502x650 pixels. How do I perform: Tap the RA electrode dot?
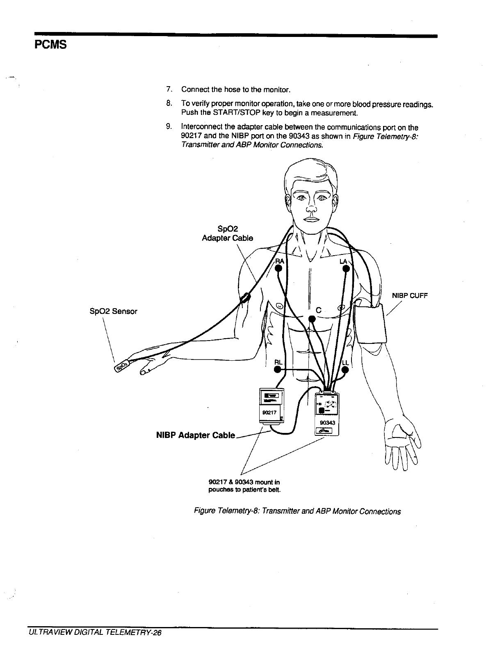click(x=278, y=269)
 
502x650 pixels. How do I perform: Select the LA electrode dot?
click(x=346, y=269)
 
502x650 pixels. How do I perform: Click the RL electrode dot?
click(x=278, y=370)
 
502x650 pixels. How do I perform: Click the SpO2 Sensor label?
click(x=113, y=311)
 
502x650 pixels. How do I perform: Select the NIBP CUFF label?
click(x=410, y=295)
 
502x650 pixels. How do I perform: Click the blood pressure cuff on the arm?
click(x=372, y=324)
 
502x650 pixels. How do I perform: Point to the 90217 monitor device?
click(x=271, y=406)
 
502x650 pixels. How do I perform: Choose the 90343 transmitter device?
click(x=327, y=414)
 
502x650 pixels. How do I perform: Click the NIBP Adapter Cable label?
click(x=196, y=435)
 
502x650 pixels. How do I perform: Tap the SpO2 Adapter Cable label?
click(x=228, y=233)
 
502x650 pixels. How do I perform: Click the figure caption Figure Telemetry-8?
click(x=297, y=511)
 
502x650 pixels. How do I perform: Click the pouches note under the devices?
click(x=244, y=486)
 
